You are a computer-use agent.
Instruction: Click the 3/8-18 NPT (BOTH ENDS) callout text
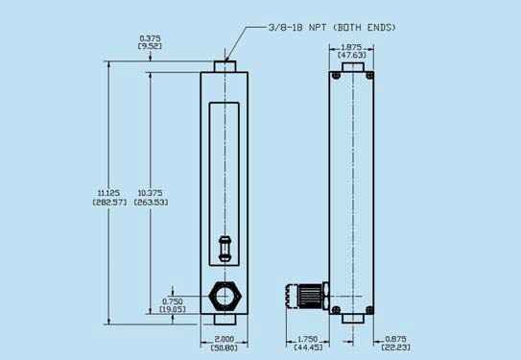pyautogui.click(x=332, y=27)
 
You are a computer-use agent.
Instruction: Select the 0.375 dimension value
pyautogui.click(x=151, y=38)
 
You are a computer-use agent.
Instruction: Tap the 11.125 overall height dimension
pyautogui.click(x=109, y=193)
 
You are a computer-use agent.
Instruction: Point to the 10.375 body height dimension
pyautogui.click(x=151, y=193)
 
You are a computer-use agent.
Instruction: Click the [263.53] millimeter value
pyautogui.click(x=151, y=203)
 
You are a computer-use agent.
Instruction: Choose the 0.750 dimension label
pyautogui.click(x=173, y=301)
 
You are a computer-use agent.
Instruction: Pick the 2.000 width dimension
pyautogui.click(x=225, y=339)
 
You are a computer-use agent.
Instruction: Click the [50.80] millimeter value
pyautogui.click(x=225, y=348)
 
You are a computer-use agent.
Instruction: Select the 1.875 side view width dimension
pyautogui.click(x=351, y=47)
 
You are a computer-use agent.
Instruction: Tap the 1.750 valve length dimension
pyautogui.click(x=308, y=339)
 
